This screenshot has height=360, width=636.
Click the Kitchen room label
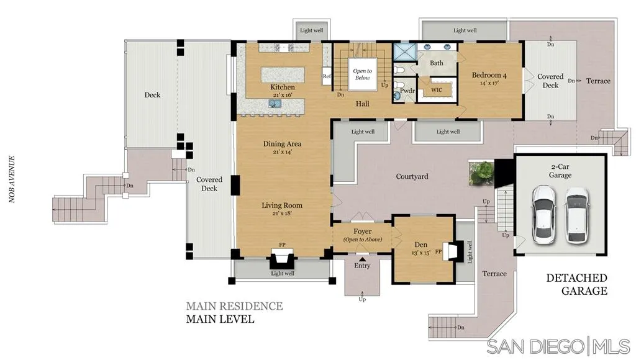pos(283,87)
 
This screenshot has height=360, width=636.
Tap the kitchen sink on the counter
pos(275,104)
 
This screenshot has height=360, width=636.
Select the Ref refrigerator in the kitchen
pos(327,76)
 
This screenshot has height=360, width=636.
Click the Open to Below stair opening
pos(363,74)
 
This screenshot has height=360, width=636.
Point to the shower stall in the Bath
pos(404,52)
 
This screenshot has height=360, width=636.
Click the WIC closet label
pos(437,90)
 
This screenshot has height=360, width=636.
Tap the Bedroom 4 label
pos(489,75)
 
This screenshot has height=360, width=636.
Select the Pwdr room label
pos(407,91)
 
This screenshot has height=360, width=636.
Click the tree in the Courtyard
pos(481,173)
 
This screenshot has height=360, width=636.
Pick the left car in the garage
pos(543,215)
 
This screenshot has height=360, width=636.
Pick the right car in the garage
pos(577,215)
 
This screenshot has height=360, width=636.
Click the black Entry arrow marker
pos(362,259)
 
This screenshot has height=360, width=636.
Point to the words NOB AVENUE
pos(12,179)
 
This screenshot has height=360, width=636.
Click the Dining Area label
pos(283,144)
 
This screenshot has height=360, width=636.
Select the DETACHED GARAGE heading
pos(577,284)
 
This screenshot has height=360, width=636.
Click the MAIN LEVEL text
pos(220,319)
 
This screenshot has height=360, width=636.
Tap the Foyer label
pos(362,232)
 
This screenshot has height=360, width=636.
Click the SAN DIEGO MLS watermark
pos(558,346)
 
